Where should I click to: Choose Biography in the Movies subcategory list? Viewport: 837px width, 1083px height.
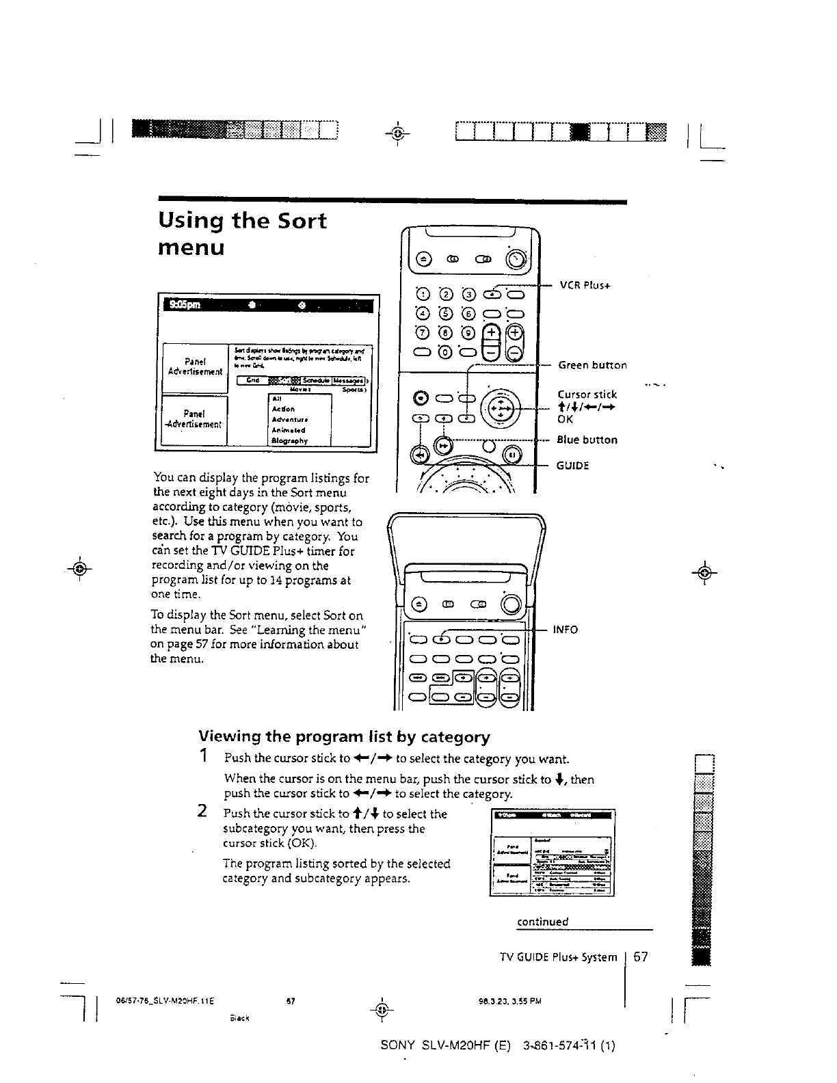(x=290, y=441)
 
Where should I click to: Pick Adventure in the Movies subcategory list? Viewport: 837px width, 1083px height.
(x=290, y=419)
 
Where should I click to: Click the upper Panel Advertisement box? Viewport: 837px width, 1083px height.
(x=194, y=366)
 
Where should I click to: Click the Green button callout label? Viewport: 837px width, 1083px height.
(x=592, y=365)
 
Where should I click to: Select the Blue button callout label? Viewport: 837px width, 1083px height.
(x=587, y=440)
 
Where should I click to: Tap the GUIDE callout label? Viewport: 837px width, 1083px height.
(x=572, y=466)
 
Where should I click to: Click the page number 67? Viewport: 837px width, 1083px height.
(x=641, y=957)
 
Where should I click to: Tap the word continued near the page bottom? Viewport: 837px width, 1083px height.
(x=542, y=922)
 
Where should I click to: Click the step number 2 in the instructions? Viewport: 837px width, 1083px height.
(x=203, y=812)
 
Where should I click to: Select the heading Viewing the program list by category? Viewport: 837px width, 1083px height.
(x=344, y=736)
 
